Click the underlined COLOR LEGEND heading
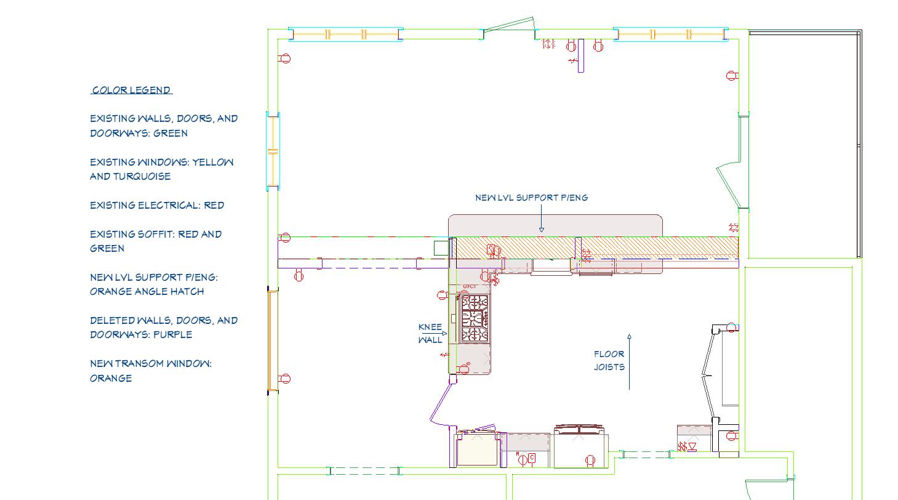tap(132, 90)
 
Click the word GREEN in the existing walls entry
tap(170, 133)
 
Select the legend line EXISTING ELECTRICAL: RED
tap(157, 205)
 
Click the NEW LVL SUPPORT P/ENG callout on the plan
tap(531, 198)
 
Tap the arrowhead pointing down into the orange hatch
tap(542, 230)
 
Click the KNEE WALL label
tap(430, 333)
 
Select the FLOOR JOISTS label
tap(609, 360)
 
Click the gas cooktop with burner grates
tap(475, 318)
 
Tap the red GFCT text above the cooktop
tap(470, 286)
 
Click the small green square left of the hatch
tap(441, 248)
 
